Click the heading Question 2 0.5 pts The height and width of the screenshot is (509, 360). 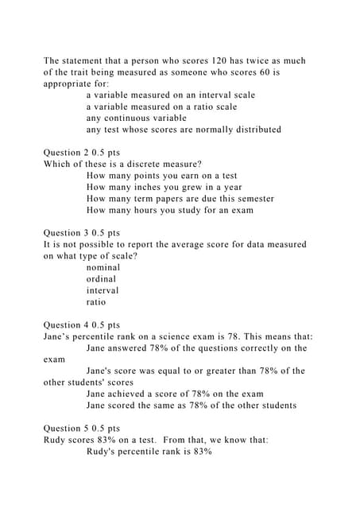[81, 152]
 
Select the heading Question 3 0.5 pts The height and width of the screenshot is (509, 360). [81, 233]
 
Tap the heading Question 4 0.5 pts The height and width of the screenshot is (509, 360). [81, 324]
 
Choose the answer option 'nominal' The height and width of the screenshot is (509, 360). [103, 268]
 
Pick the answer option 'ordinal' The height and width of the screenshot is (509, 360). [101, 279]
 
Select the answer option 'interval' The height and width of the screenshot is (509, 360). [103, 290]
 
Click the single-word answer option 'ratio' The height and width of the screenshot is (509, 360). [96, 302]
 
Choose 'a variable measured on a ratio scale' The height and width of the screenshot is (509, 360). [161, 107]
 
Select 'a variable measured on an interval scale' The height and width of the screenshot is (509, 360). [170, 95]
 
